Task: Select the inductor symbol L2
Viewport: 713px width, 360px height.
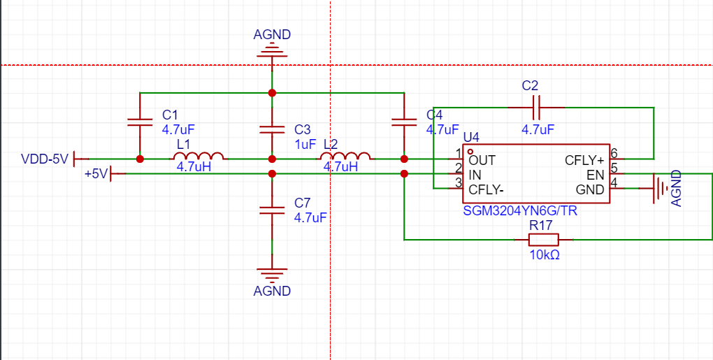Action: tap(345, 156)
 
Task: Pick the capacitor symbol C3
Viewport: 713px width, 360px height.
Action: tap(272, 129)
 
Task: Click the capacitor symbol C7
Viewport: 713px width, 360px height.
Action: tap(272, 210)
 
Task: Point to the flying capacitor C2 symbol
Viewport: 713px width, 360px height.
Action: tap(536, 108)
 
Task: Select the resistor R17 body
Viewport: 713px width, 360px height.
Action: tap(543, 239)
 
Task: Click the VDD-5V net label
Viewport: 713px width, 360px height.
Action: tap(45, 159)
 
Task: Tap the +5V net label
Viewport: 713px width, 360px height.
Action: tap(96, 173)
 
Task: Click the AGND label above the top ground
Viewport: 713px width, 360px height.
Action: tap(272, 34)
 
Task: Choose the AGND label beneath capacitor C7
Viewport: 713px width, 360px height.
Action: tap(272, 291)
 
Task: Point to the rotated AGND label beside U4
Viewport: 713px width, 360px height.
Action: tap(677, 188)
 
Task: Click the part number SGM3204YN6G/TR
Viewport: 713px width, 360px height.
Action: tap(520, 211)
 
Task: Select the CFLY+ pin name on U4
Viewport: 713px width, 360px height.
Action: tap(584, 161)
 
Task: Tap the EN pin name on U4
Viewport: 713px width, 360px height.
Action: tap(596, 175)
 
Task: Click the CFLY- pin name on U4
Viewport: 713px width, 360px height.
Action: tap(486, 189)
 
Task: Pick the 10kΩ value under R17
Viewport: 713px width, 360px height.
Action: tap(545, 255)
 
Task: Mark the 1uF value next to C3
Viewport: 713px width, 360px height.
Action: tap(305, 145)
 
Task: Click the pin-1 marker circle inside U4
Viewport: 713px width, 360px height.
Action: tap(470, 152)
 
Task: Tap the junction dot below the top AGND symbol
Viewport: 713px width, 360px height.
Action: tap(272, 93)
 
